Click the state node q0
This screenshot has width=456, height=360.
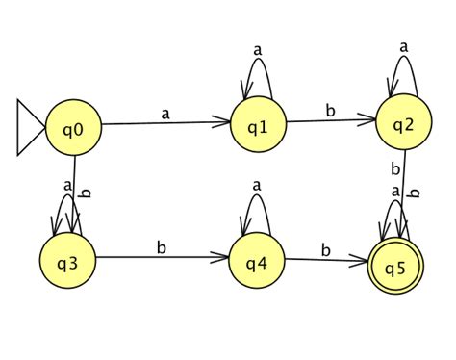[73, 125]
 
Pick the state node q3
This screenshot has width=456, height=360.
[69, 257]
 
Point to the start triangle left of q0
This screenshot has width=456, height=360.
[30, 125]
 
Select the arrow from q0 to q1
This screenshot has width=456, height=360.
[165, 124]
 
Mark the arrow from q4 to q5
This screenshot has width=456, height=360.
[327, 260]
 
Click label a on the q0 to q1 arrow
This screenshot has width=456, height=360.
[165, 114]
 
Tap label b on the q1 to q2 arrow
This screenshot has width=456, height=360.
[330, 111]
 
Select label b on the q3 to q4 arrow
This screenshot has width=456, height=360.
[161, 247]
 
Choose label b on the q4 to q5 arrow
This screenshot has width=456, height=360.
[325, 249]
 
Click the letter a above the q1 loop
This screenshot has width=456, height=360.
[257, 48]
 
